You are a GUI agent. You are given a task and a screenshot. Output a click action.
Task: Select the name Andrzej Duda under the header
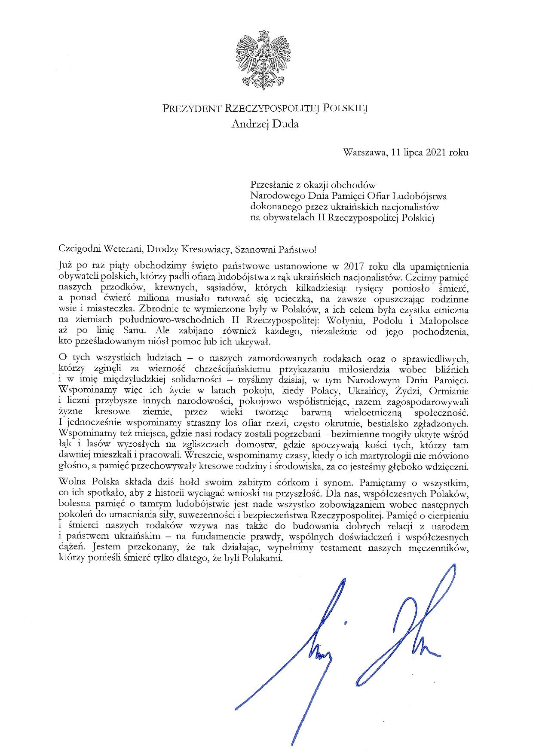point(265,124)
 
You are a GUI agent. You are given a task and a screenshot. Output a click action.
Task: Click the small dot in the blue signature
point(346,622)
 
